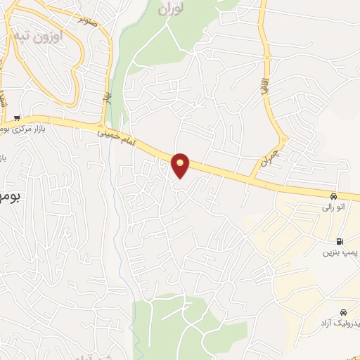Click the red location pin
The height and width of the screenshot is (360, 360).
(181, 166)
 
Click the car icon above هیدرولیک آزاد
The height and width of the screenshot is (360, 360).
(342, 311)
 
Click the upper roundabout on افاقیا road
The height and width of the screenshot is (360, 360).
(266, 56)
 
